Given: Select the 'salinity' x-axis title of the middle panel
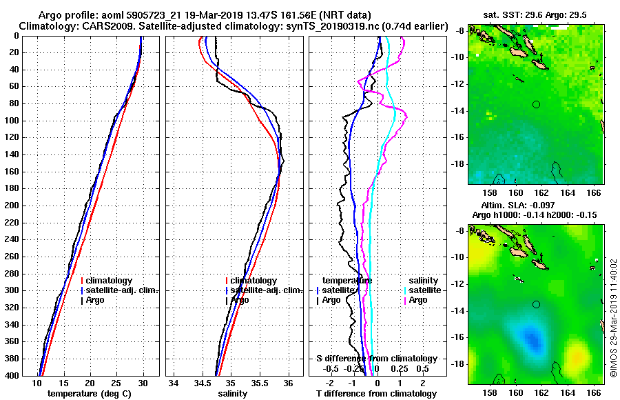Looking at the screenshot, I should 233,394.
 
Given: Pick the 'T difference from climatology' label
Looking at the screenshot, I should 376,394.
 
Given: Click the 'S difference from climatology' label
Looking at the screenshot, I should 376,359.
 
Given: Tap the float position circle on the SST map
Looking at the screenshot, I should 536,104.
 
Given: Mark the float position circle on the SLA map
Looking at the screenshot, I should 536,304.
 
